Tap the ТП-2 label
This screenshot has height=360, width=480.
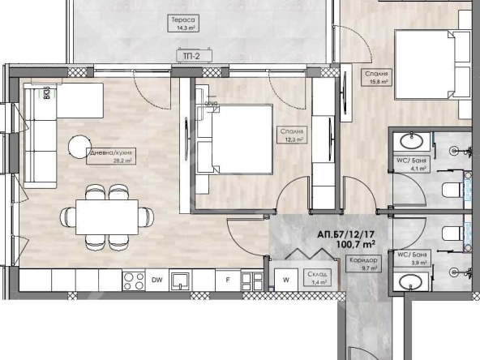(x=193, y=56)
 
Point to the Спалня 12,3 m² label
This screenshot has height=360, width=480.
(x=294, y=135)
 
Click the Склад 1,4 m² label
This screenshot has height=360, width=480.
(x=317, y=279)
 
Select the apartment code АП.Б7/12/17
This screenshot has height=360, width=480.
(x=348, y=234)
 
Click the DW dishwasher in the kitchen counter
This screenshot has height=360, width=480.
(x=156, y=281)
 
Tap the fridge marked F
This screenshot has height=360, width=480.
(x=228, y=281)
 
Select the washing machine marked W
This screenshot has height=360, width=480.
(x=285, y=281)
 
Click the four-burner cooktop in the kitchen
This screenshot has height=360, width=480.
(x=132, y=281)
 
